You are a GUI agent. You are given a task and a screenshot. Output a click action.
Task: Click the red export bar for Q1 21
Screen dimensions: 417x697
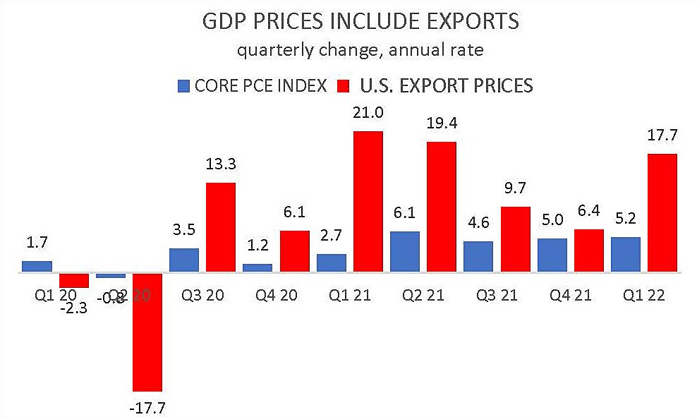point(368,201)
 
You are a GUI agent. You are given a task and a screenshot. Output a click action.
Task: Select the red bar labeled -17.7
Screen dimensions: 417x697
point(147,332)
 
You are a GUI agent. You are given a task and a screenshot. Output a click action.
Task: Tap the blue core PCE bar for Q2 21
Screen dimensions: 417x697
point(405,251)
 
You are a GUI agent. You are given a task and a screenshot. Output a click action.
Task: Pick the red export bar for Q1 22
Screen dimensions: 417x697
point(662,213)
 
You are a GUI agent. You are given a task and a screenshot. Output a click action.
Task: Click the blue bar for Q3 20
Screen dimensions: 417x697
point(184,260)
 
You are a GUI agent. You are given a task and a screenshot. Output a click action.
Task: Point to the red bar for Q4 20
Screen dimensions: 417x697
point(294,251)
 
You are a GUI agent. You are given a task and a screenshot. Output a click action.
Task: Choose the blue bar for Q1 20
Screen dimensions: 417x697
point(37,266)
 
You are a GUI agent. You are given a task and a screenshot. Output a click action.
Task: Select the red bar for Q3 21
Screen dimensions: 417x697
point(515,239)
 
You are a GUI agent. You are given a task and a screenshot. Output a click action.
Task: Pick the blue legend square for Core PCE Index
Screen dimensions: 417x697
point(183,87)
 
